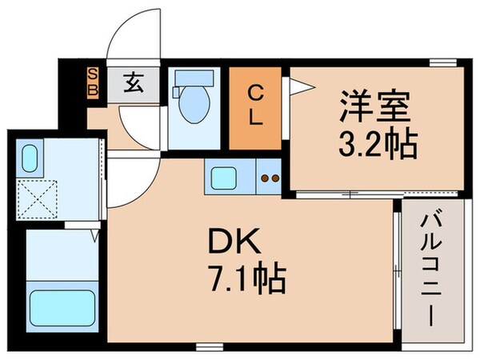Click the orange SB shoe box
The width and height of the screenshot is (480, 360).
click(x=94, y=82)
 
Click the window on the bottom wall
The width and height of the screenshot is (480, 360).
click(x=210, y=345)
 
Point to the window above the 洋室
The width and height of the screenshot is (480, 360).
click(x=438, y=62)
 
